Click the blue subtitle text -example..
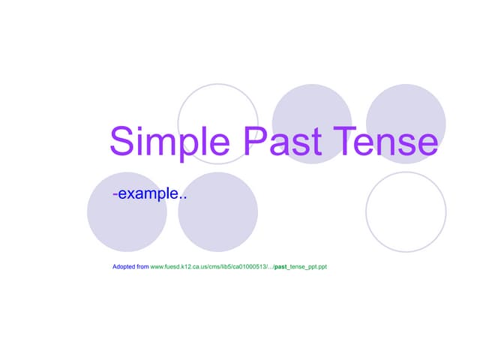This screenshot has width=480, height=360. [x=149, y=194]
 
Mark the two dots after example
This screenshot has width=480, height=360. [x=183, y=199]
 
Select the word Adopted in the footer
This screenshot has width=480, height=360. [x=124, y=267]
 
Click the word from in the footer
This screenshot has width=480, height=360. [x=142, y=267]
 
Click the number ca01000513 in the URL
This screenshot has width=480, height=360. [x=250, y=267]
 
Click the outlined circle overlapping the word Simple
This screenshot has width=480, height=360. [x=217, y=105]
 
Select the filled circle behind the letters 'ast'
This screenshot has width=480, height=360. [x=311, y=109]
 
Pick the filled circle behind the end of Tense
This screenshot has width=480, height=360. [x=406, y=109]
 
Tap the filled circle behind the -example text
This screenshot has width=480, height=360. [x=127, y=217]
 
